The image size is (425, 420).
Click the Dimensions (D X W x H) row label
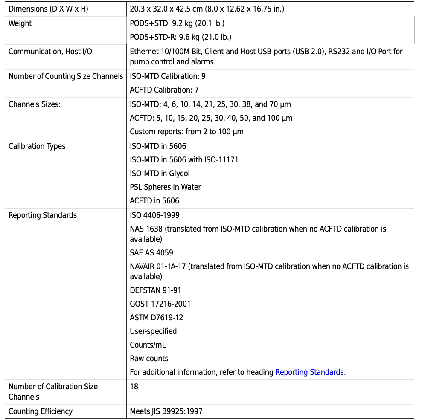tap(48, 9)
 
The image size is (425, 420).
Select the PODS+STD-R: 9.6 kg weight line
tap(180, 37)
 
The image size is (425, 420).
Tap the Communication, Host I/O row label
tap(50, 52)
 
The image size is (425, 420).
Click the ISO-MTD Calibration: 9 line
tap(168, 76)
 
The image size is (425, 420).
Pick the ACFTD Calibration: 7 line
tap(164, 90)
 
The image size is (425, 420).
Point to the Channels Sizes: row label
tap(35, 104)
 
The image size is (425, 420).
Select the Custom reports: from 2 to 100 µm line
tap(186, 132)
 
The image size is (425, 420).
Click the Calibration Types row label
tap(37, 146)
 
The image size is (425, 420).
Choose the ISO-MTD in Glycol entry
tap(160, 174)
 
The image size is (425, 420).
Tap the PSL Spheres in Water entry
tap(165, 187)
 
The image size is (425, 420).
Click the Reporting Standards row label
tap(43, 215)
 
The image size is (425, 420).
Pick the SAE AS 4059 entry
tap(151, 253)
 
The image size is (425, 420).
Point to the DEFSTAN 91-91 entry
tap(155, 290)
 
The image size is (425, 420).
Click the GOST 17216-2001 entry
tap(160, 304)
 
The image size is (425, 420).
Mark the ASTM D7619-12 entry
tap(157, 318)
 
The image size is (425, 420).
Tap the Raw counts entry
tap(149, 359)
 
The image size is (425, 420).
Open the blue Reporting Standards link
tap(310, 372)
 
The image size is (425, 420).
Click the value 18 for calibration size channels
tap(134, 387)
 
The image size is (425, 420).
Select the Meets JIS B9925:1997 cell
tap(166, 411)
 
